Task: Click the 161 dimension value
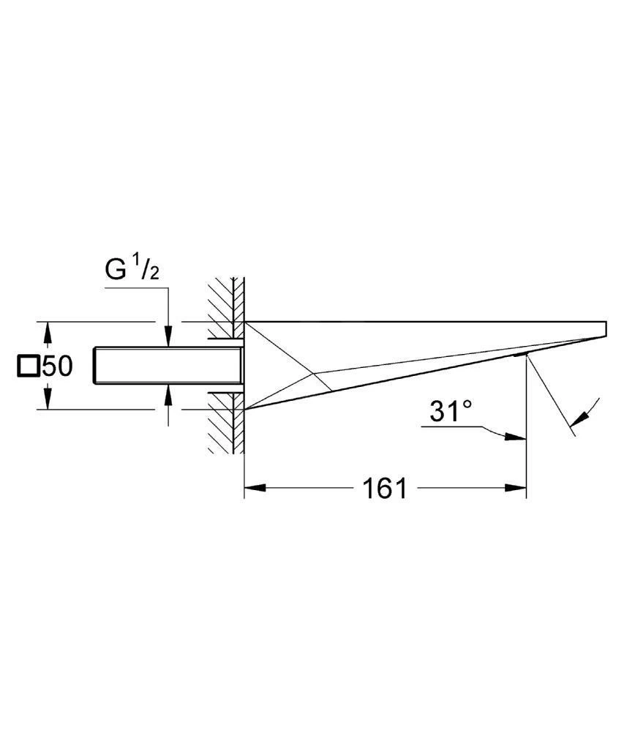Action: [385, 488]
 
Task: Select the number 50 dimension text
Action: [57, 366]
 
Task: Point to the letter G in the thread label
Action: [116, 270]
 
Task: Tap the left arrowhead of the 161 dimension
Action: [255, 488]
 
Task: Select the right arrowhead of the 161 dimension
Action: [516, 488]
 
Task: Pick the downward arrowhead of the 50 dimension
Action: [48, 399]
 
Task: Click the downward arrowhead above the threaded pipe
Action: [168, 336]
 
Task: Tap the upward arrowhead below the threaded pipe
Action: [168, 396]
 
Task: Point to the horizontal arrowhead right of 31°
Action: [516, 436]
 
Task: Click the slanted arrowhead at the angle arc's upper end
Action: [580, 418]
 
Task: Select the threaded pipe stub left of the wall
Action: [169, 366]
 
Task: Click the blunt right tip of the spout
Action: [606, 330]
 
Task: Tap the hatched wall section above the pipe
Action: [226, 308]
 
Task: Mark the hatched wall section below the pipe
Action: [226, 423]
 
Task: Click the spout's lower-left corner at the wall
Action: [244, 410]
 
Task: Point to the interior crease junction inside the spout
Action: [313, 374]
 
